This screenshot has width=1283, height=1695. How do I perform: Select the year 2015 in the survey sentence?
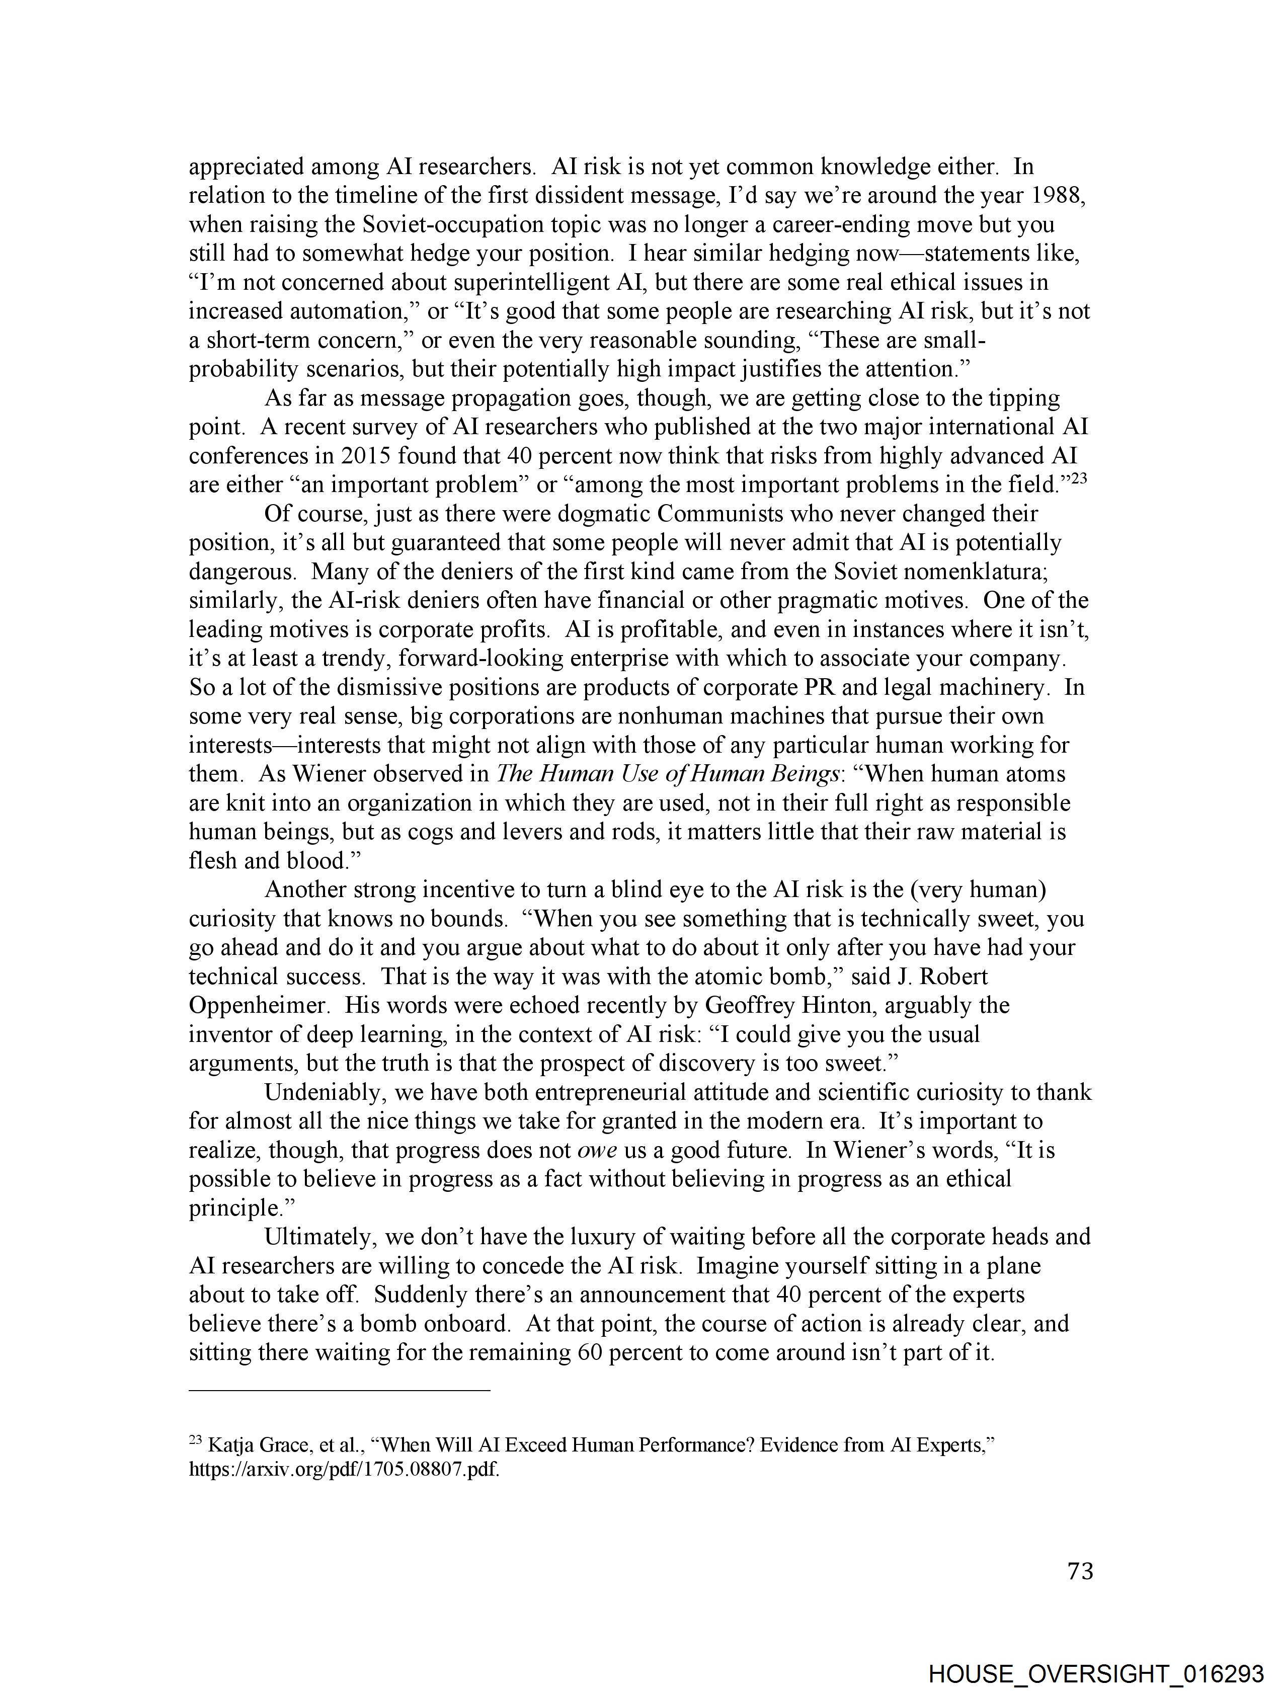point(369,456)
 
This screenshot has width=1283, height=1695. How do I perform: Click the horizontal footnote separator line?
point(339,1389)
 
